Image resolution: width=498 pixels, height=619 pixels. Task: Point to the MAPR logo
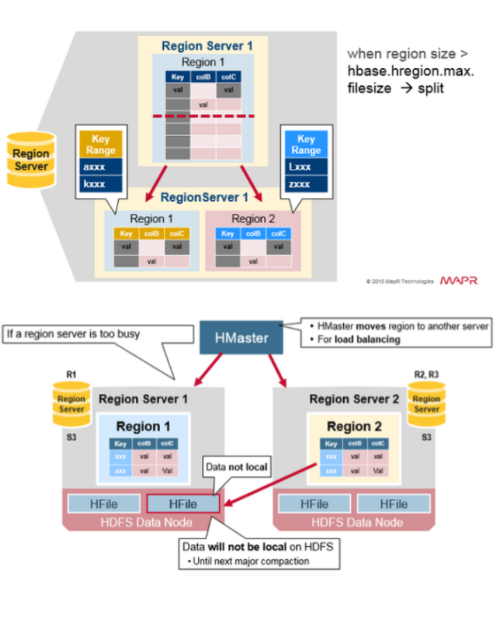pos(459,281)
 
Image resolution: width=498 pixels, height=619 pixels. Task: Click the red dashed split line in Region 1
pos(203,115)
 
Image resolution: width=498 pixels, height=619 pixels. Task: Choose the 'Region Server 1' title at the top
pos(206,46)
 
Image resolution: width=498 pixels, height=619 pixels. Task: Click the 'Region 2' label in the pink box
pos(249,218)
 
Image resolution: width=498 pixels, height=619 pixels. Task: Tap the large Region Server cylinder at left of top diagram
pos(31,160)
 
